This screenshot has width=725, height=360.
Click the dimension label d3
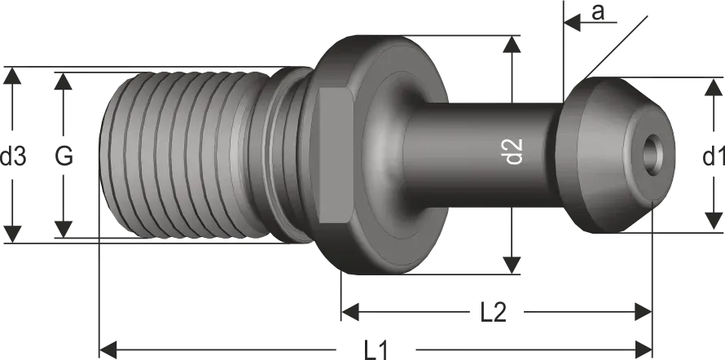13,156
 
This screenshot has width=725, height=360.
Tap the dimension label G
64,156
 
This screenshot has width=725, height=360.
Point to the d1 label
714,156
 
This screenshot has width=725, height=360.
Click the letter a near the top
598,12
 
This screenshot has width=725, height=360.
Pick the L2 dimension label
494,313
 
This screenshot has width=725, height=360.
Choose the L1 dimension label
376,350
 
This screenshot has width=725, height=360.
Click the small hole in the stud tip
652,155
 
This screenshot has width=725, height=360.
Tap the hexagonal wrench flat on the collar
336,156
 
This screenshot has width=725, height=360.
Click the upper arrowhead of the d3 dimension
12,75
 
